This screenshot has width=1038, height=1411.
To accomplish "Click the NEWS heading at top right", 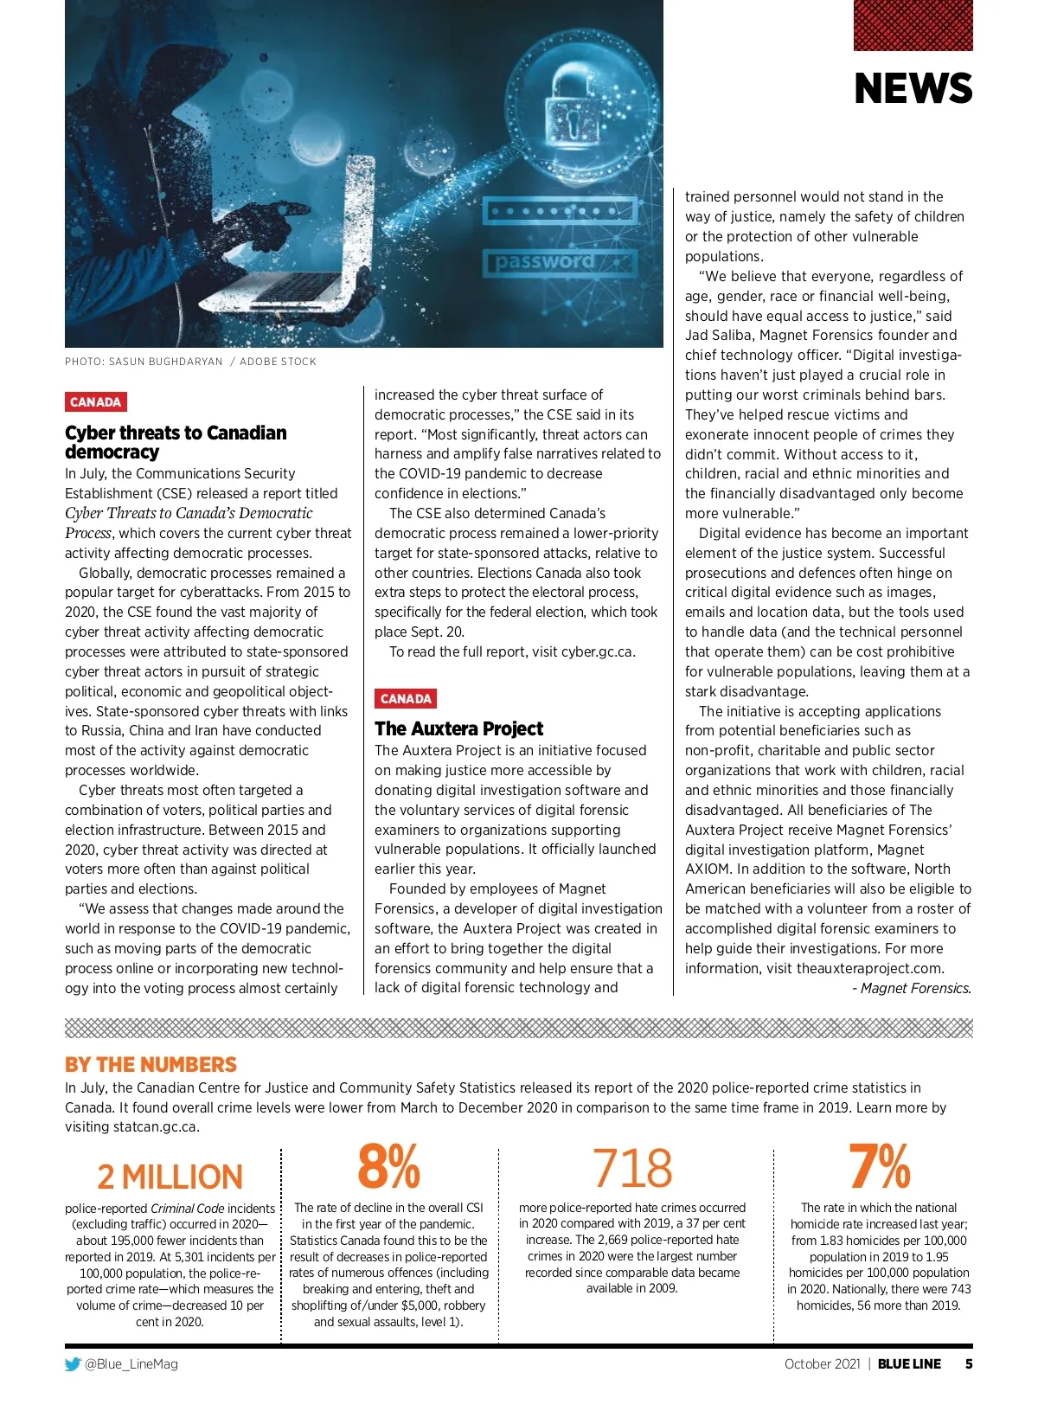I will pyautogui.click(x=913, y=88).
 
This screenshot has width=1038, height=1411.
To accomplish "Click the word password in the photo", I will pyautogui.click(x=545, y=261).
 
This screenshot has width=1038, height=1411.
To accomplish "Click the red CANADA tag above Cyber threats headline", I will pyautogui.click(x=95, y=402).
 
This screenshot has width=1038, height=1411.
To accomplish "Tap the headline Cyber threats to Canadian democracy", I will pyautogui.click(x=176, y=442).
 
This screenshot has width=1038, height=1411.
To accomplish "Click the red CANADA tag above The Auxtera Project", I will pyautogui.click(x=406, y=699).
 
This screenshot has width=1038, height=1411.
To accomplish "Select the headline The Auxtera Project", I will pyautogui.click(x=458, y=728).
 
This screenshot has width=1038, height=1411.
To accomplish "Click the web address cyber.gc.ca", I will pyautogui.click(x=596, y=651).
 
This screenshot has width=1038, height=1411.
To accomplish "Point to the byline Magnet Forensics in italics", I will pyautogui.click(x=913, y=988).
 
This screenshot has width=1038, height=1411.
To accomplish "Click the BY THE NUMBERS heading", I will pyautogui.click(x=151, y=1064).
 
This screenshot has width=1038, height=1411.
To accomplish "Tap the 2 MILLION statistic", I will pyautogui.click(x=170, y=1177).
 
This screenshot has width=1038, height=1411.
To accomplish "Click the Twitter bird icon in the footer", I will pyautogui.click(x=73, y=1364).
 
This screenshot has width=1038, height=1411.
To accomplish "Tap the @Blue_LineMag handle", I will pyautogui.click(x=131, y=1364).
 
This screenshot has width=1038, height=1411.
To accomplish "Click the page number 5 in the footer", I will pyautogui.click(x=969, y=1364).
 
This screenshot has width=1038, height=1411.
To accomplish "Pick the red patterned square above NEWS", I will pyautogui.click(x=913, y=25).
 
